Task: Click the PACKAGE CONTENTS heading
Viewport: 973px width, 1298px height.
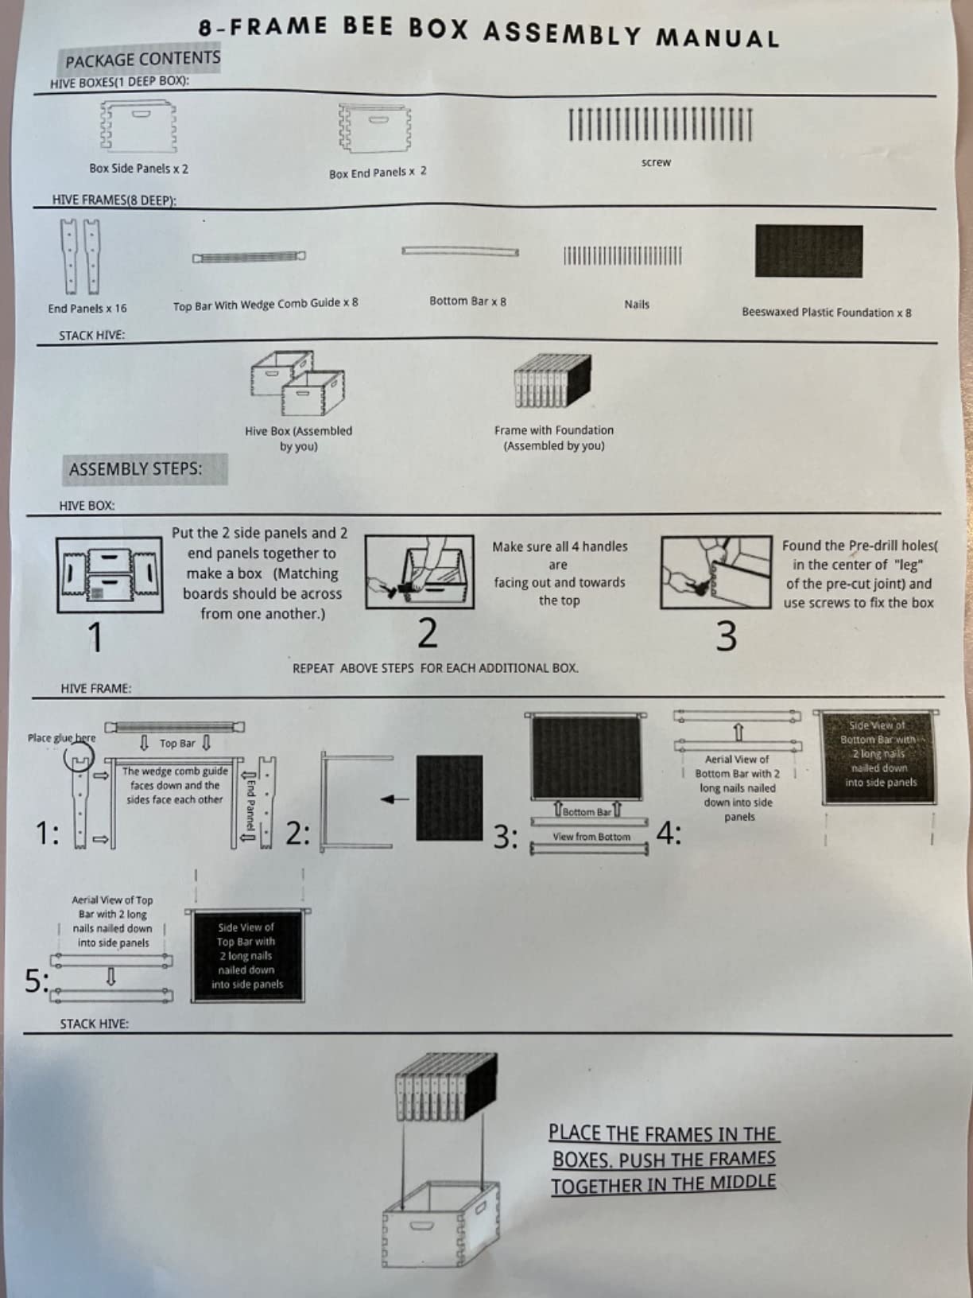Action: point(142,60)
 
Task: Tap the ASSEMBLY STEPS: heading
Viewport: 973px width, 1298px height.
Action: point(135,469)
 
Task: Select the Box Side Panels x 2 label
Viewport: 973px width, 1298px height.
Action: point(139,169)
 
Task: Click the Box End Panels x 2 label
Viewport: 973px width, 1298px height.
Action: point(378,173)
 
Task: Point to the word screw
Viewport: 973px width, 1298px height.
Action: point(657,162)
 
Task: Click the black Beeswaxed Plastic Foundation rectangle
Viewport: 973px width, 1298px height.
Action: point(808,251)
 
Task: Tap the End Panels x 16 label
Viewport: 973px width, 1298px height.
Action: point(87,308)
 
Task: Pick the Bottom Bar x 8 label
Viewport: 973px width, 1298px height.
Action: point(468,301)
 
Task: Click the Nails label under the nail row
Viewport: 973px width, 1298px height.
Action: point(637,305)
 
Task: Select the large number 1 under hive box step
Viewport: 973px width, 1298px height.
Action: point(95,638)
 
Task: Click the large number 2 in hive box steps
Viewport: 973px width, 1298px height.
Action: point(428,632)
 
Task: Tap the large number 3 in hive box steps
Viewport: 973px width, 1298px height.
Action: point(727,636)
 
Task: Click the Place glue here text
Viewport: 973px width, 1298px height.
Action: point(61,738)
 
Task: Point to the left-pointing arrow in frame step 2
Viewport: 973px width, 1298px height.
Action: point(394,799)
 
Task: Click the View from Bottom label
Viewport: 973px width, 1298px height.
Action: point(591,837)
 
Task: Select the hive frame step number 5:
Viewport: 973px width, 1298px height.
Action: point(37,981)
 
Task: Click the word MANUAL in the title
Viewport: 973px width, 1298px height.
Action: point(717,38)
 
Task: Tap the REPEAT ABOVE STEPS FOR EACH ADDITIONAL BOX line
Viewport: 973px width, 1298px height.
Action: point(436,668)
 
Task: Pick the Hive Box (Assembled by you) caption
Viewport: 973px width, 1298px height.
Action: point(298,438)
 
